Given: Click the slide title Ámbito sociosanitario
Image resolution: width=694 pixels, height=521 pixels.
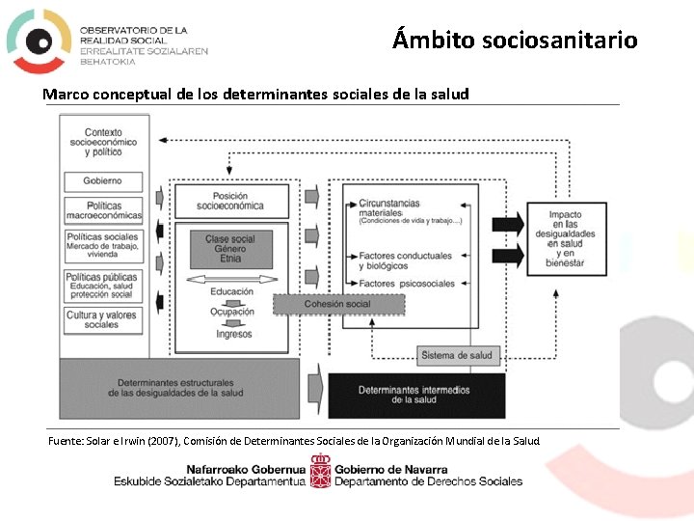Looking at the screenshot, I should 515,40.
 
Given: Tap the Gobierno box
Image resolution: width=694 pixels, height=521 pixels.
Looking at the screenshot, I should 103,180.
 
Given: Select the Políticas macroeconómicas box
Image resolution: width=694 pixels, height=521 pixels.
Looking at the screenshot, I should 103,210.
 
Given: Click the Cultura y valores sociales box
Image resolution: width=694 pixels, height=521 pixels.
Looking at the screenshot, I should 103,319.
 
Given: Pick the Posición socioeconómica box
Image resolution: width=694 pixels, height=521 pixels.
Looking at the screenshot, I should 230,201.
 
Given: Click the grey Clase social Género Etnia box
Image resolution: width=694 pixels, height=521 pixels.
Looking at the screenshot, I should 230,249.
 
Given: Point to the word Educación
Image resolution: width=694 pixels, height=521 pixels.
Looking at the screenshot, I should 231,291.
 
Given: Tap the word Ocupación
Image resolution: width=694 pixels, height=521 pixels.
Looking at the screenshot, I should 231,312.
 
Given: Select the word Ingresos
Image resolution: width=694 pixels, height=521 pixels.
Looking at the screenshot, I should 232,334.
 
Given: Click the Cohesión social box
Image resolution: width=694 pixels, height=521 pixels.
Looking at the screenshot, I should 336,304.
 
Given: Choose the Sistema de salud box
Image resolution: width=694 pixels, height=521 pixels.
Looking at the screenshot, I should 457,355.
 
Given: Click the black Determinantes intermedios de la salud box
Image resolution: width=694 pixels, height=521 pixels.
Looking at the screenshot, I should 415,395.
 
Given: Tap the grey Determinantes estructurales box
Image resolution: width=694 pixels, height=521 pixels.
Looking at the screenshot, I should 175,388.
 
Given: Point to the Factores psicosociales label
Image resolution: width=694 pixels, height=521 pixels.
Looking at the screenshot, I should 406,284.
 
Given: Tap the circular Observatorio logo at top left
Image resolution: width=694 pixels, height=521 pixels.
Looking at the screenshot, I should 39,40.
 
